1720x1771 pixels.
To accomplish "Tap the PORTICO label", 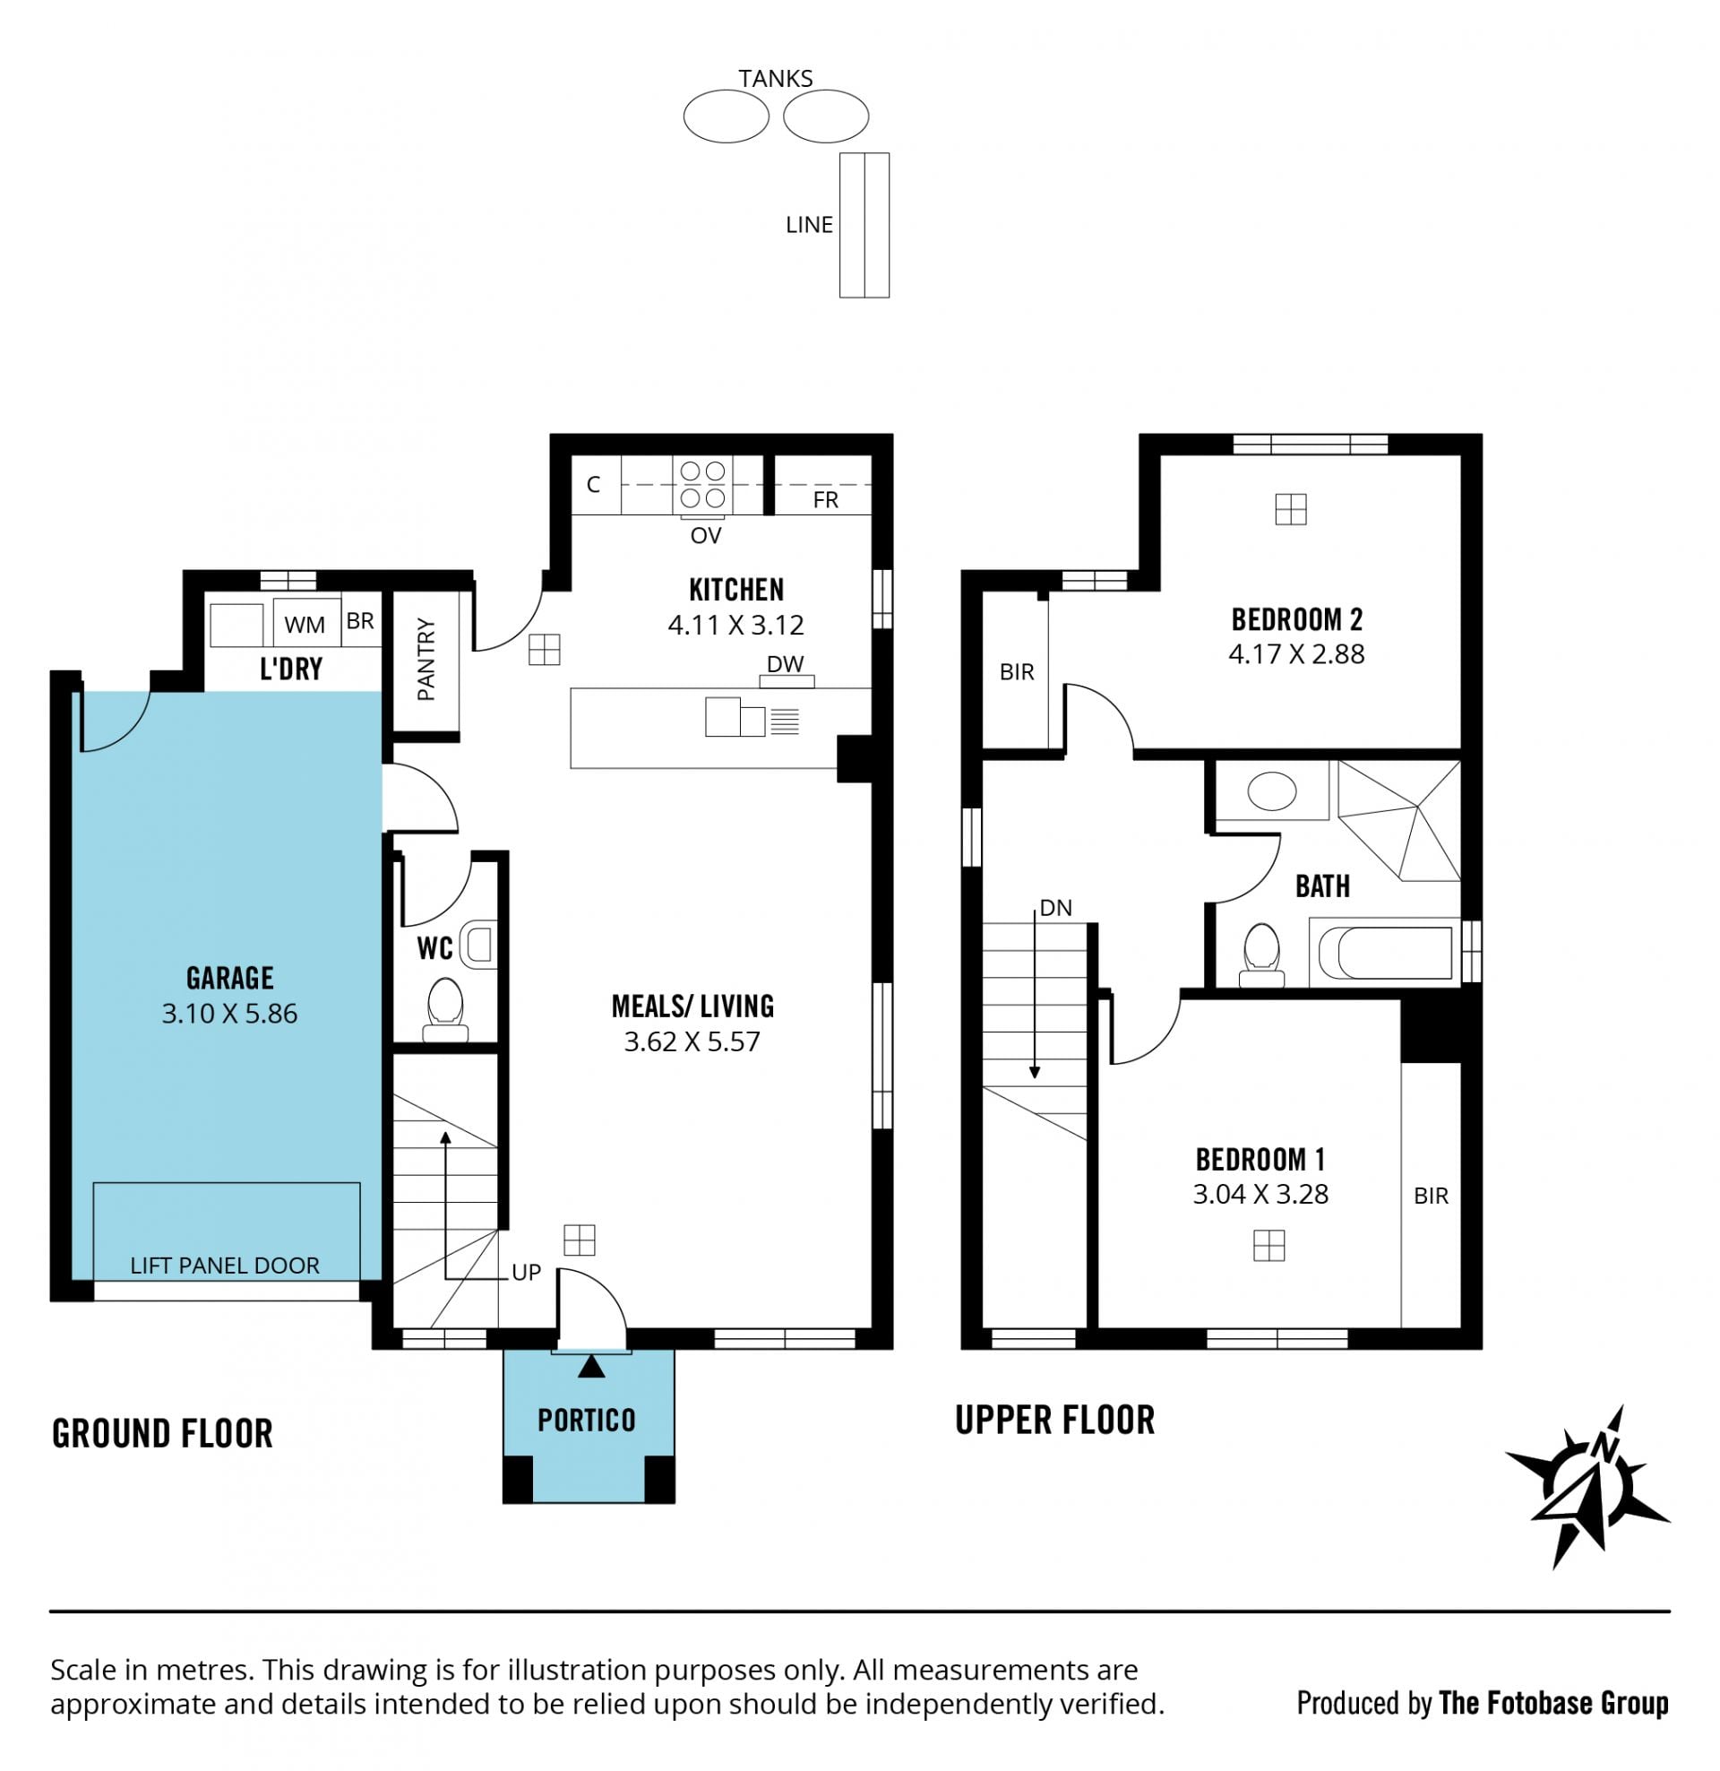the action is point(587,1421).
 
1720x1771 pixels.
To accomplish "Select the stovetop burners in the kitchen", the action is point(703,485).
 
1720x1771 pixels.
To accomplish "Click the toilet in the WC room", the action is point(445,1009).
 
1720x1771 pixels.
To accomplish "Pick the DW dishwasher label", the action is point(785,664).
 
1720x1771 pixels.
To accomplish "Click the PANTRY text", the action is point(426,660).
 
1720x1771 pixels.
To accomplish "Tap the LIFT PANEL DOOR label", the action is point(225,1266).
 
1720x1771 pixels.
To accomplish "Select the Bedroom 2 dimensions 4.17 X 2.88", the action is point(1296,654).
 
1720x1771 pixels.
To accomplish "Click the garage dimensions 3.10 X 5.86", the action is point(229,1014).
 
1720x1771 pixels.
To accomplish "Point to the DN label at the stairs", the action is point(1056,908).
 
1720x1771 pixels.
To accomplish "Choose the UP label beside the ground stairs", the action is point(527,1272).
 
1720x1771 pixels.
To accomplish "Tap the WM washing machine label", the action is point(305,625).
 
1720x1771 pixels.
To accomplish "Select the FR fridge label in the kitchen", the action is point(826,500).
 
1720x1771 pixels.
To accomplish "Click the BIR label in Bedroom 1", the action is point(1431,1197).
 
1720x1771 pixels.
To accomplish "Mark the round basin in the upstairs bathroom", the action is point(1272,790).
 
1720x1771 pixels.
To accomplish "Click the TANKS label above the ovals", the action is point(776,79).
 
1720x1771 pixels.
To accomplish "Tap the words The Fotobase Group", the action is point(1553,1703).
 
